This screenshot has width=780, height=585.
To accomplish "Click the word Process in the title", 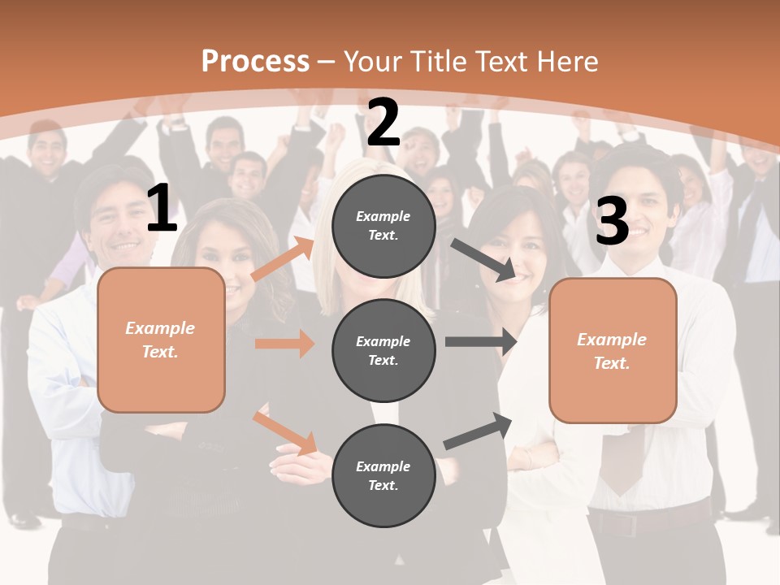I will point(255,62).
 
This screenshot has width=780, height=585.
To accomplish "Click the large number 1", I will point(162,209).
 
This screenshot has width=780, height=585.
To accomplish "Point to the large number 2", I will point(383,123).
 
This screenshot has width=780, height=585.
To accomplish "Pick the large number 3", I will point(612,221).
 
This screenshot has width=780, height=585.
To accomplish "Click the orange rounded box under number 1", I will point(161,340).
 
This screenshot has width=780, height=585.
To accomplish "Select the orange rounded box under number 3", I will point(613,351).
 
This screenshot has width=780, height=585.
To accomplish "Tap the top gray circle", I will point(383,226).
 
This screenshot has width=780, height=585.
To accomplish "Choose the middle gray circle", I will point(383,351).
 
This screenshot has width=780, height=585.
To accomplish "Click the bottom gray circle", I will point(383,476).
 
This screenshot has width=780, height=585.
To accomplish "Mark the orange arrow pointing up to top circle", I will point(284,258).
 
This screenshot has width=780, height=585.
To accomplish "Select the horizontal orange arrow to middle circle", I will point(284,344).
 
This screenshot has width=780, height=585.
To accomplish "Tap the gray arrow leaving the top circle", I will point(484,260).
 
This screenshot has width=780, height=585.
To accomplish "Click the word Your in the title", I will point(372,62).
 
